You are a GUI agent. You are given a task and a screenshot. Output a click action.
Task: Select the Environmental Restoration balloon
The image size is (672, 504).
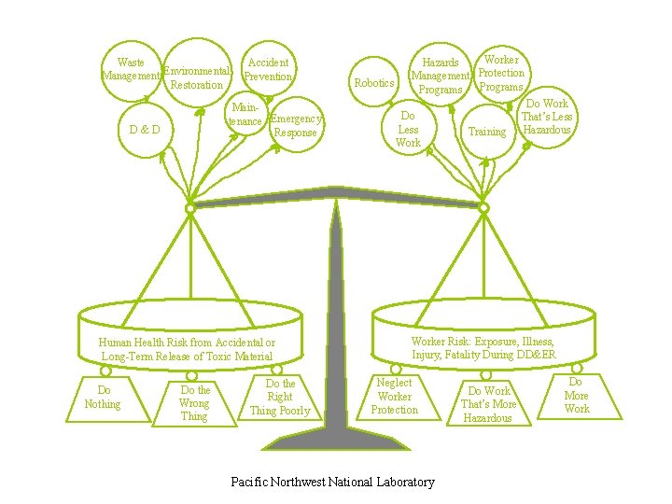pyautogui.click(x=197, y=77)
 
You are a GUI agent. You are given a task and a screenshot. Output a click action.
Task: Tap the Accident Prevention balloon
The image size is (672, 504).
pyautogui.click(x=268, y=69)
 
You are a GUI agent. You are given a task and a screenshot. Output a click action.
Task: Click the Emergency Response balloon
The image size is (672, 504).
pyautogui.click(x=296, y=125)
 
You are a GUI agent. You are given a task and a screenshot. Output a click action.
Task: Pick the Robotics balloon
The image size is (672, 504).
pyautogui.click(x=375, y=83)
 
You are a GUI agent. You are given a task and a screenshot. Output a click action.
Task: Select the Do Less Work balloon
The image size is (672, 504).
pyautogui.click(x=408, y=130)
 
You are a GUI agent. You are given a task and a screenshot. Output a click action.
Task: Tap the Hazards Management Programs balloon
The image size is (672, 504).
pyautogui.click(x=441, y=76)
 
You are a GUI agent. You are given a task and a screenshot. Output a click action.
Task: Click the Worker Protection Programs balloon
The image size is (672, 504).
pyautogui.click(x=501, y=73)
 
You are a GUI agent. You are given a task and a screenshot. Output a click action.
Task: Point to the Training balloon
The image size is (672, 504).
pyautogui.click(x=486, y=132)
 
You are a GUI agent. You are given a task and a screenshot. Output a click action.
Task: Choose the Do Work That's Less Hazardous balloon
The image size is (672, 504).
pyautogui.click(x=547, y=117)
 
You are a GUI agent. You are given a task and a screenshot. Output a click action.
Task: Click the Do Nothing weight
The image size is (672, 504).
pyautogui.click(x=103, y=398)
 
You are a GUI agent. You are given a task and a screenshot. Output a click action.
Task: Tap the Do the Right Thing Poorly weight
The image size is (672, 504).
pyautogui.click(x=280, y=398)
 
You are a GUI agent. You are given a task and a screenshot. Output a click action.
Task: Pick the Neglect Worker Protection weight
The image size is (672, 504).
pyautogui.click(x=395, y=397)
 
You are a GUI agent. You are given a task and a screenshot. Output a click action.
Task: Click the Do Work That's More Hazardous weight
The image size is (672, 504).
pyautogui.click(x=488, y=404)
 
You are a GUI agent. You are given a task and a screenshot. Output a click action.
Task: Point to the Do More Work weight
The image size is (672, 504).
pyautogui.click(x=577, y=396)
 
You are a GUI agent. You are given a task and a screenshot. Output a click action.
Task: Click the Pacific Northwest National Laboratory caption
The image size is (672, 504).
pyautogui.click(x=332, y=482)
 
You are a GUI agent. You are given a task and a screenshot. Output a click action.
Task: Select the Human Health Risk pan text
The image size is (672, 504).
pyautogui.click(x=187, y=349)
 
